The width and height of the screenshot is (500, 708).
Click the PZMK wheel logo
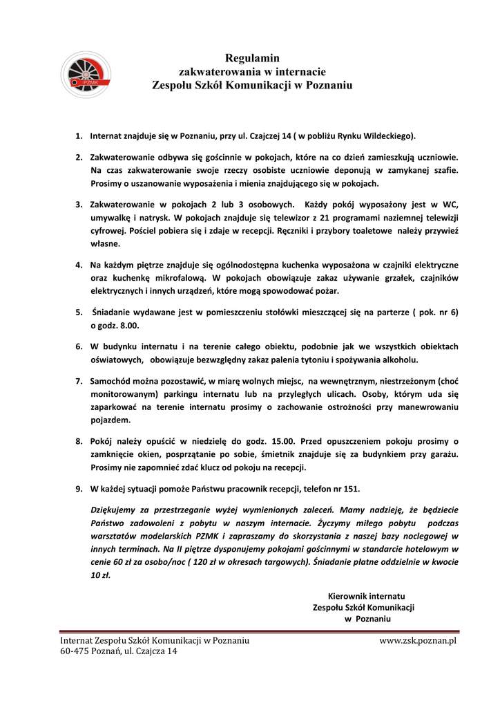[x=86, y=75]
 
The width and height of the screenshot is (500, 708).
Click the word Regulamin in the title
[x=252, y=58]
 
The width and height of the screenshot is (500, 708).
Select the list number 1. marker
[x=79, y=136]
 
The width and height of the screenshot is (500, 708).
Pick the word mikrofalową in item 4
[x=163, y=278]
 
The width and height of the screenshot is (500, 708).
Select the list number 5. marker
[x=79, y=313]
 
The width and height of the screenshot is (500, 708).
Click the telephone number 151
[x=352, y=489]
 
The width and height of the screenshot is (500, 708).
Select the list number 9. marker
[x=79, y=489]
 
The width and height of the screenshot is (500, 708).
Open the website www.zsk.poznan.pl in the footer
[x=419, y=641]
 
